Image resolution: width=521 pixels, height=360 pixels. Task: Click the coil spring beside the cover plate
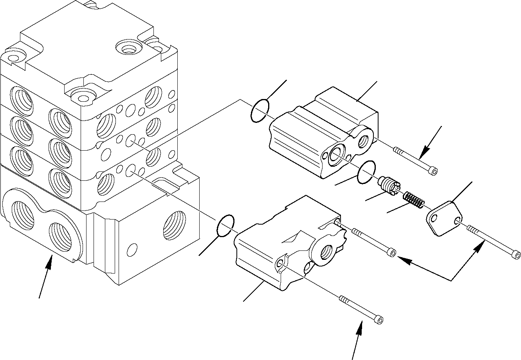click(x=413, y=200)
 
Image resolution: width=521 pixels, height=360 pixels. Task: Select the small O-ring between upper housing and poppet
click(x=366, y=171)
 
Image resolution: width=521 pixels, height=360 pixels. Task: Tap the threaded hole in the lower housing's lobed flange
click(x=326, y=252)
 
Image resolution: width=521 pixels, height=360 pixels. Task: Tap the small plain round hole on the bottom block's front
click(x=133, y=249)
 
